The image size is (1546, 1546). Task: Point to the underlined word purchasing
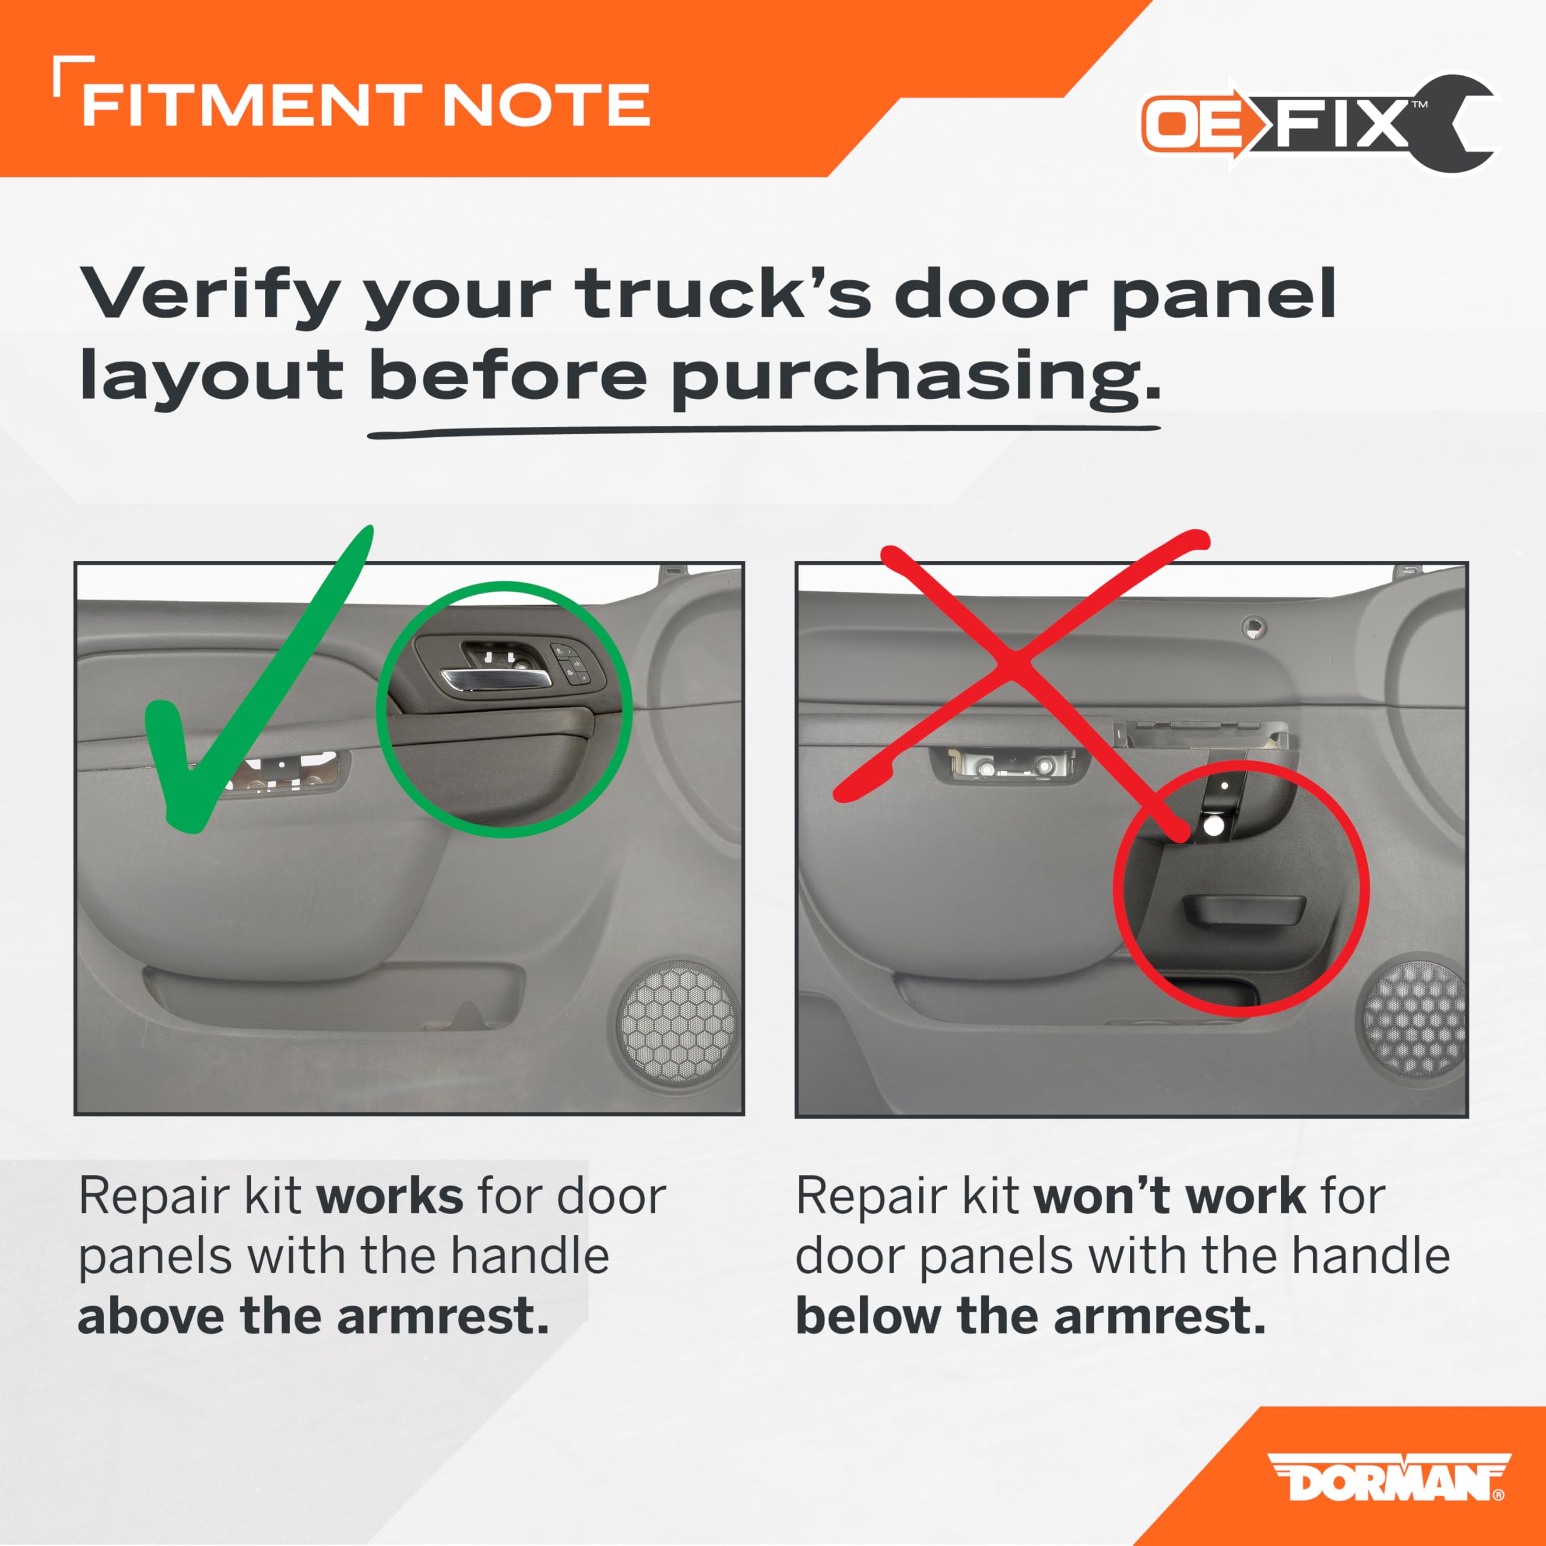pyautogui.click(x=915, y=377)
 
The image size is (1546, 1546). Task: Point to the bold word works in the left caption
pyautogui.click(x=390, y=1197)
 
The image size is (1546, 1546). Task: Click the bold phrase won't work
pyautogui.click(x=1170, y=1197)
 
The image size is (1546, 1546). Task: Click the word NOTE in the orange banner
pyautogui.click(x=546, y=105)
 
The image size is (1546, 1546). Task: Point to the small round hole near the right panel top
pyautogui.click(x=1253, y=627)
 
